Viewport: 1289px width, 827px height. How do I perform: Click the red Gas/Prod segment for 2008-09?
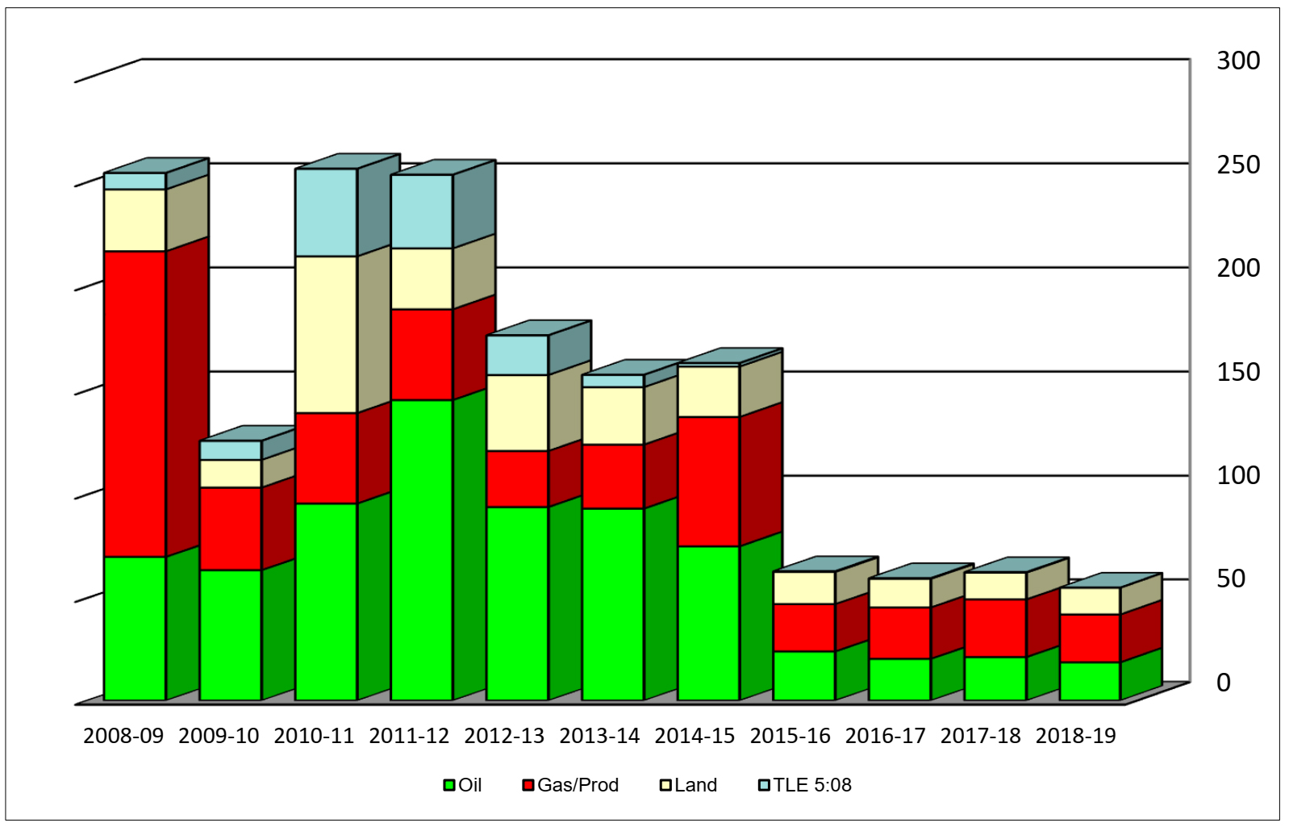(135, 403)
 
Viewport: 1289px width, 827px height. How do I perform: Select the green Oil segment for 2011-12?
(421, 549)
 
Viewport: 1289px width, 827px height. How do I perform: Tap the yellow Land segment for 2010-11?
(326, 334)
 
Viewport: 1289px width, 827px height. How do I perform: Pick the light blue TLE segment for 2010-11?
(326, 212)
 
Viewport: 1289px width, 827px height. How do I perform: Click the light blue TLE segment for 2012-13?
(517, 355)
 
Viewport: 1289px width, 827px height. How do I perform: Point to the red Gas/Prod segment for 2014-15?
(708, 482)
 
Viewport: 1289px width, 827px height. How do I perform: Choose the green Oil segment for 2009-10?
(231, 635)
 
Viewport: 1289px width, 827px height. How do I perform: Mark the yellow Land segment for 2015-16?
(803, 587)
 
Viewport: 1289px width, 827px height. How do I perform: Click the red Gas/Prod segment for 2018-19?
(1090, 638)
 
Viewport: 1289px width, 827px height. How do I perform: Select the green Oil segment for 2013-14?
(613, 604)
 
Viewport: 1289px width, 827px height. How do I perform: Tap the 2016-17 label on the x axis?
(885, 736)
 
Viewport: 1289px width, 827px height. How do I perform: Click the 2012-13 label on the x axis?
(504, 736)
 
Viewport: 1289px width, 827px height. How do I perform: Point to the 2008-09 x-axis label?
(123, 736)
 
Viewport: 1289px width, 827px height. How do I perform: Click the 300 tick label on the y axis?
(1237, 61)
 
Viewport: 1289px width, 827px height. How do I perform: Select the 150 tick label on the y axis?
(1237, 372)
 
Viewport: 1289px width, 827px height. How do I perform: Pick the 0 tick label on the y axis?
(1224, 683)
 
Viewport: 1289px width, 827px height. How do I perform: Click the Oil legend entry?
(463, 785)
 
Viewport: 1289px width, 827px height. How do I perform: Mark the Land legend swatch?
(665, 786)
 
